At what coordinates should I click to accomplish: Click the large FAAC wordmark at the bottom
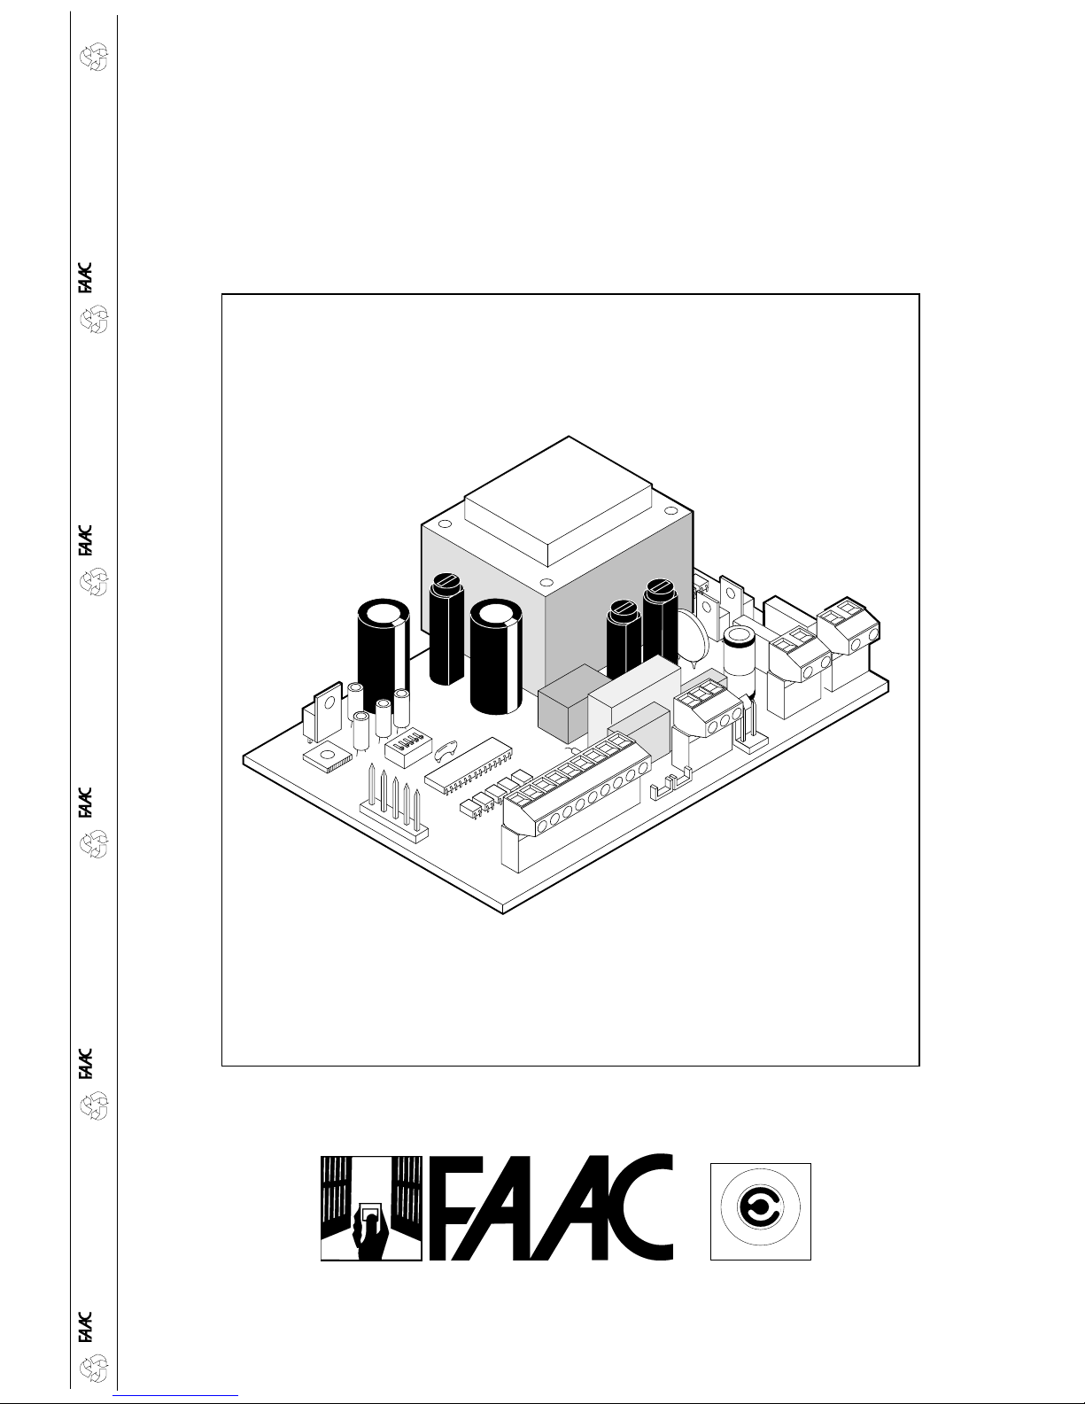552,1208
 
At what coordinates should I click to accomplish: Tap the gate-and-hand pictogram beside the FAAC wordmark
371,1208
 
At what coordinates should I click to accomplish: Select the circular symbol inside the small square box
760,1206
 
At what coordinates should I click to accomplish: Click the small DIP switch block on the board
408,749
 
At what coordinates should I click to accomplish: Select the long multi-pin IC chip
469,768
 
